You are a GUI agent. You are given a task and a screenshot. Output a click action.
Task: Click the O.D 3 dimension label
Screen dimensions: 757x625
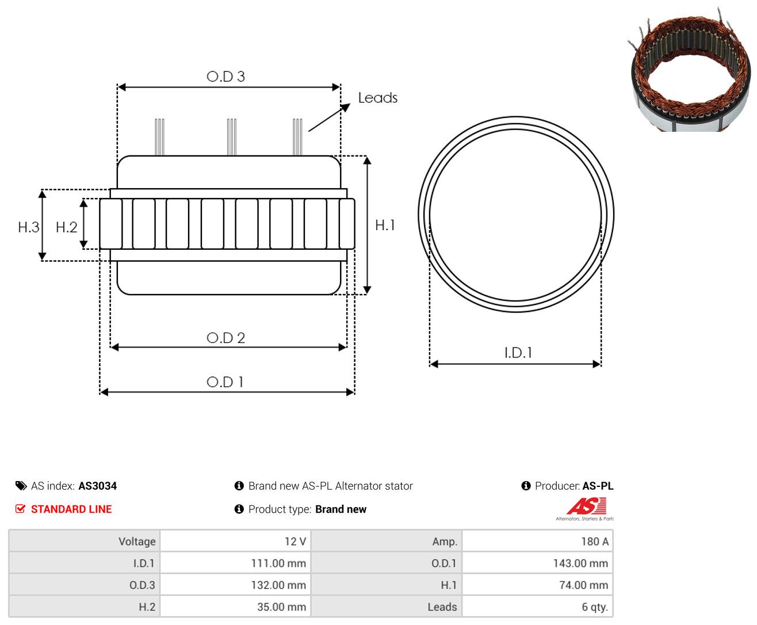click(225, 76)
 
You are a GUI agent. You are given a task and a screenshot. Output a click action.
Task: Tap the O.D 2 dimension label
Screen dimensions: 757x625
click(225, 337)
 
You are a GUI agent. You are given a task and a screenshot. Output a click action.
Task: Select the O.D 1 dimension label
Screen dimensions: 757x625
click(225, 382)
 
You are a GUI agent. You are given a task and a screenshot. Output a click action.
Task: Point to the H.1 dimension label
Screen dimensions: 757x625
click(384, 225)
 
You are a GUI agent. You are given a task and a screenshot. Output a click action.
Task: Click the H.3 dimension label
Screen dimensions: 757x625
click(28, 227)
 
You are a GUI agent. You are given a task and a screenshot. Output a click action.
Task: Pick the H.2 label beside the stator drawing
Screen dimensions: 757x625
click(66, 227)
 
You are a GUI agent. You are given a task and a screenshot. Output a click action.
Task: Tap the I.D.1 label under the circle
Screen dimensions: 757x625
click(518, 352)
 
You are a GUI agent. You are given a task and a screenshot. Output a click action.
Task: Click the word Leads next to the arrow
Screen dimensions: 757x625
click(377, 98)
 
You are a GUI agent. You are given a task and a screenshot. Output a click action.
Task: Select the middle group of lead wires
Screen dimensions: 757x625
click(231, 137)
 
